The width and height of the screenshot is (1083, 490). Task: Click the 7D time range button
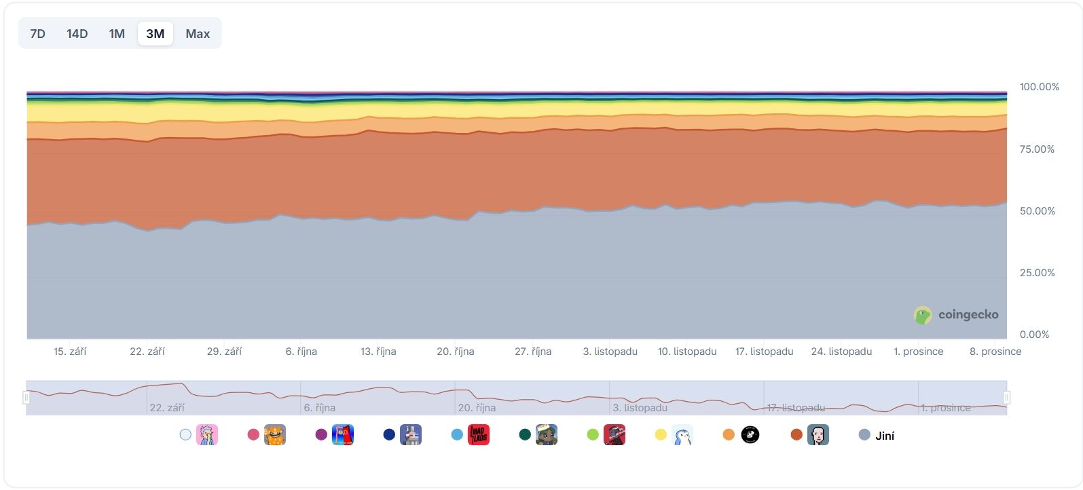click(38, 34)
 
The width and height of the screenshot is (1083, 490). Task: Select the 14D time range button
click(77, 34)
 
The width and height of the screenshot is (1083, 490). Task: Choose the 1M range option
click(117, 34)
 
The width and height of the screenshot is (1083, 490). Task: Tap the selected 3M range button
click(155, 34)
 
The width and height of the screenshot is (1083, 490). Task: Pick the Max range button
click(198, 34)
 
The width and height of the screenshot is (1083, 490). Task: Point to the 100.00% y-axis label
click(1039, 87)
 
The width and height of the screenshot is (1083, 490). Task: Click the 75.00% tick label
click(1037, 149)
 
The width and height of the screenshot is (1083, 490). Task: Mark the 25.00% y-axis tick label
click(1037, 273)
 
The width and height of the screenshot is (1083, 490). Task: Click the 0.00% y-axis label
click(1034, 335)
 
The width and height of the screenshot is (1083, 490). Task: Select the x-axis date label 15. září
click(70, 352)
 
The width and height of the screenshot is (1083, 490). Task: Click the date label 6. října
click(301, 352)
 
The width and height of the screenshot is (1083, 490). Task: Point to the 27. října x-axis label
click(533, 352)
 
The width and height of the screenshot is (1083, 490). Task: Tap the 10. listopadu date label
click(687, 352)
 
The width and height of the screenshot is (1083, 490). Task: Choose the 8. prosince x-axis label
click(995, 352)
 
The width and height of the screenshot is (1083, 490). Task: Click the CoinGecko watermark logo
click(957, 315)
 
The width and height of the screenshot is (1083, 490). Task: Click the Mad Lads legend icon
click(479, 435)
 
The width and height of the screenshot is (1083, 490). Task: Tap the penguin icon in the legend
click(682, 435)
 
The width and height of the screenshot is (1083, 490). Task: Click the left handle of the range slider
click(26, 398)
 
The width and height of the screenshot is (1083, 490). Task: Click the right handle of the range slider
click(1007, 398)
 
